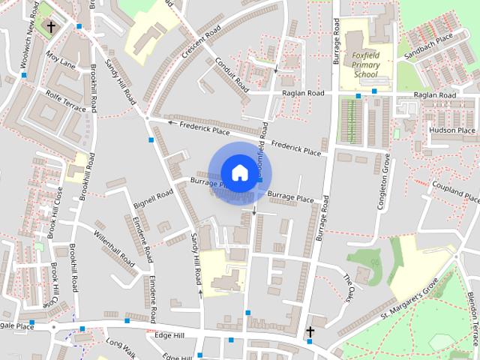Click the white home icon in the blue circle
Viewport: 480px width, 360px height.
tap(238, 172)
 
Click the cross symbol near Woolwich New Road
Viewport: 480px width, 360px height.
tap(51, 27)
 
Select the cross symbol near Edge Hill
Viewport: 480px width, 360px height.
tap(310, 331)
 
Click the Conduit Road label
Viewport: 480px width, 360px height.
tap(232, 75)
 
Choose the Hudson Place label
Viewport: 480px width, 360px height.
tap(452, 130)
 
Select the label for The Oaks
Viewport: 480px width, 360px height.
tap(347, 288)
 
